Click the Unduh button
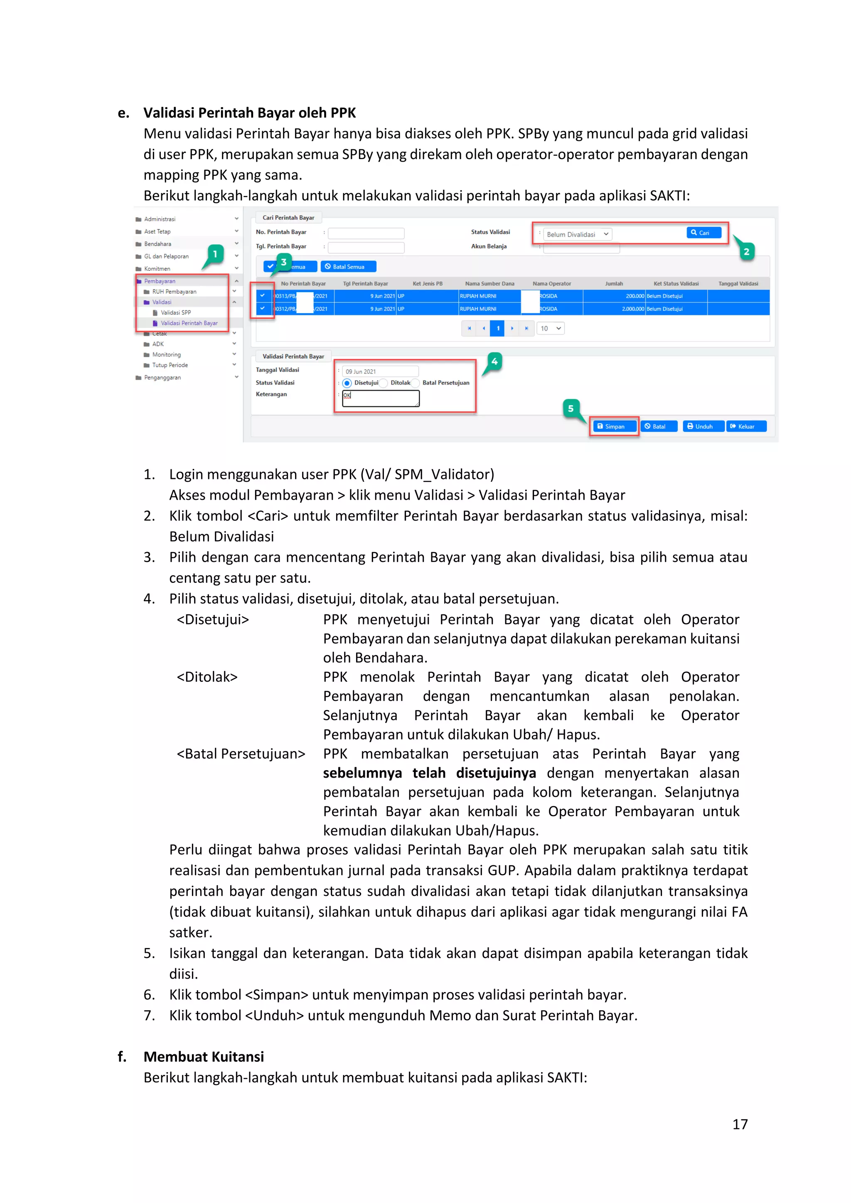coord(703,427)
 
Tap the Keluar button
coord(746,427)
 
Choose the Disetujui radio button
coord(347,383)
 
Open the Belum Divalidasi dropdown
coord(577,234)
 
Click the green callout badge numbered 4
coord(494,361)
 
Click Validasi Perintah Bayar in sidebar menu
coord(189,323)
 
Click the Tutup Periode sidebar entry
coord(170,365)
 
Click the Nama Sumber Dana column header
coord(489,283)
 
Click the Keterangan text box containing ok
coord(381,398)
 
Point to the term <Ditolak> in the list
coord(207,677)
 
